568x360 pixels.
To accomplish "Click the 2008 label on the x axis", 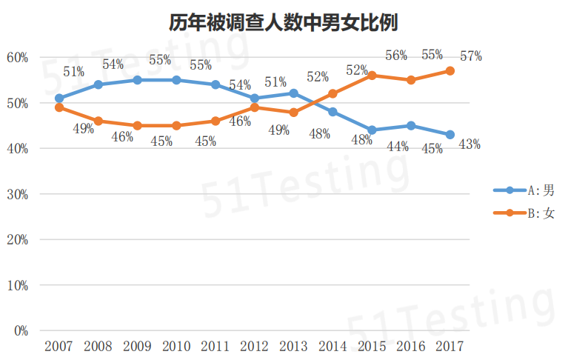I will click(x=98, y=347).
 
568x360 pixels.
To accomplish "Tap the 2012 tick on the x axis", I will click(x=254, y=347).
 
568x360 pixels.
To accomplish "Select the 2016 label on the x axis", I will click(x=411, y=347).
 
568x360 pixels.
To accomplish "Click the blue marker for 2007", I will click(x=59, y=98).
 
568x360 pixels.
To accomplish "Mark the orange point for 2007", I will click(x=59, y=107).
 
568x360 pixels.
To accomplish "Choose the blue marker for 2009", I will click(x=137, y=80).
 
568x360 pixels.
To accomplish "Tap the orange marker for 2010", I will click(x=176, y=126).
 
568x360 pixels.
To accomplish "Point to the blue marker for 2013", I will click(x=293, y=93).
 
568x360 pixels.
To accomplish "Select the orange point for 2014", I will click(x=333, y=93).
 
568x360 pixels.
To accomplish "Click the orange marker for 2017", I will click(x=450, y=71).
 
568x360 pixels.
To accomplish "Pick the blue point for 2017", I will click(x=450, y=135).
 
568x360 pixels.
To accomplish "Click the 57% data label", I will click(x=470, y=56).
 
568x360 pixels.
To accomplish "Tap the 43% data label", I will click(x=470, y=144).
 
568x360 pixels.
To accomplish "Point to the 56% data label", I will click(x=397, y=56).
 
